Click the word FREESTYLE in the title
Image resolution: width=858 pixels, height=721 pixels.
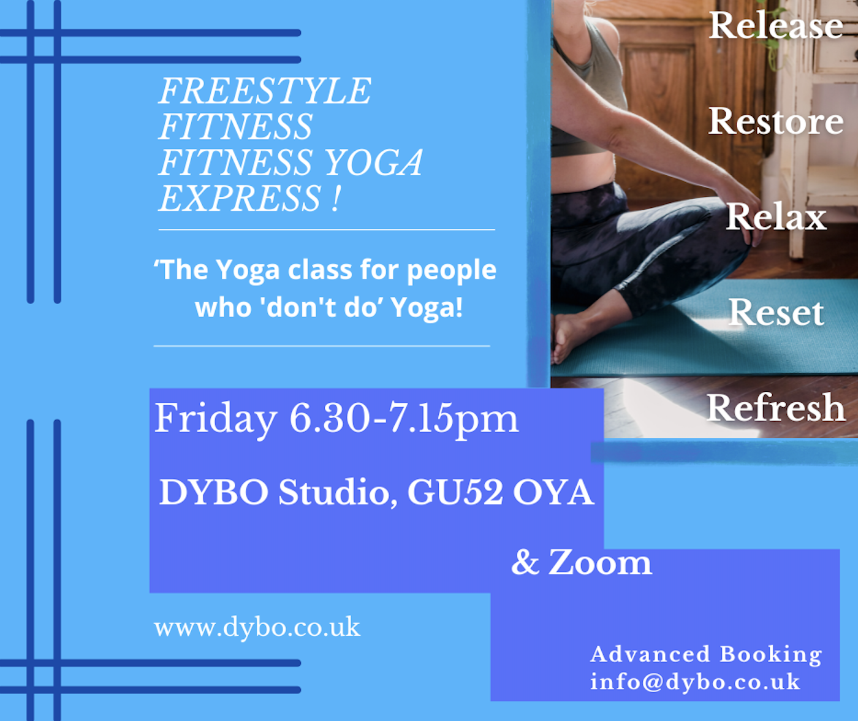(265, 91)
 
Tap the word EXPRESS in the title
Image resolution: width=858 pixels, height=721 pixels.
(240, 198)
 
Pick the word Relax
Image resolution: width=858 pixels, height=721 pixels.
(776, 216)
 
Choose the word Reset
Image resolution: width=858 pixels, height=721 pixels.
(776, 313)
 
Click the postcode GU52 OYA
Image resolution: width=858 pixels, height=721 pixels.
(501, 492)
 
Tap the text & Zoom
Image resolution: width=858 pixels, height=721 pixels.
(582, 562)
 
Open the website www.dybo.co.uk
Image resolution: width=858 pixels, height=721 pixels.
(257, 627)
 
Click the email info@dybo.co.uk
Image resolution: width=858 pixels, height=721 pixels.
(695, 682)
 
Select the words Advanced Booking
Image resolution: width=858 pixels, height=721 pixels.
(706, 654)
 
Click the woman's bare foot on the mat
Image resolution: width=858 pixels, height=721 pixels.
(569, 337)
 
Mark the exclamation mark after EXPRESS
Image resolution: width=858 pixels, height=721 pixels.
(335, 198)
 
